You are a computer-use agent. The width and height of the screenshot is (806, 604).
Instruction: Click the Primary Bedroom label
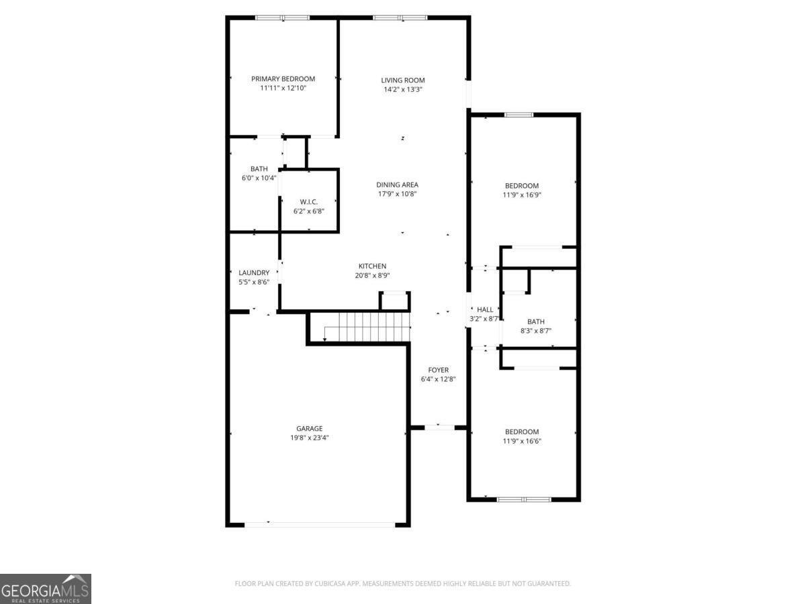point(283,79)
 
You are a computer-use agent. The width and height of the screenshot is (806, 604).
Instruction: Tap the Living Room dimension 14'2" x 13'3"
point(403,89)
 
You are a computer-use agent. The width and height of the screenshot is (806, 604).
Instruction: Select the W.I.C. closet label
point(309,202)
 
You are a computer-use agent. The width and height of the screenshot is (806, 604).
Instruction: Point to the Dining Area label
point(397,185)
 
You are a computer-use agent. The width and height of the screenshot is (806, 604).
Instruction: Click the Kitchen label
point(372,266)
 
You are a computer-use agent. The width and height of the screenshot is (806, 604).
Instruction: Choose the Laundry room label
point(254,272)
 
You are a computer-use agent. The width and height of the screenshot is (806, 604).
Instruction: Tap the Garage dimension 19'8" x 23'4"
point(309,438)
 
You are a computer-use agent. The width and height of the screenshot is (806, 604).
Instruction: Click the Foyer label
point(438,370)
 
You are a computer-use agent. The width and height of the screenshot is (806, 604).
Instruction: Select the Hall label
point(485,309)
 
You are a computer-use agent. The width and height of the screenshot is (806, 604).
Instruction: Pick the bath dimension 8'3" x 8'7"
point(535,331)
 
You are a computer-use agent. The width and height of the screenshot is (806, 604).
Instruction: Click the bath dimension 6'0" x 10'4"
point(259,179)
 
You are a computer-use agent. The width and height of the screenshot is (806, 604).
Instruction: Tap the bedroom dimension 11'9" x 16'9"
point(522,195)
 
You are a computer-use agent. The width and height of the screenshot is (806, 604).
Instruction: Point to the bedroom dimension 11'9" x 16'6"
point(522,441)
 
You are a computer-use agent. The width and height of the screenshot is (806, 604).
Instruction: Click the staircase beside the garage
point(367,328)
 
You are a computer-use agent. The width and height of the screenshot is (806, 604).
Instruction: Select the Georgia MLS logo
point(45,589)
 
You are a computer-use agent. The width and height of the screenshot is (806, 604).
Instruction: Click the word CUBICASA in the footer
point(332,584)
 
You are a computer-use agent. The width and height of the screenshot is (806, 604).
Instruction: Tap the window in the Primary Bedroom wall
point(282,17)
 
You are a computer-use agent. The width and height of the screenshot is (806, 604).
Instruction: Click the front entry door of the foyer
point(438,427)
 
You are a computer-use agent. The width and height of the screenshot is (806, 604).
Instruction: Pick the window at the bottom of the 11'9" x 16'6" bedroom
point(524,499)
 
